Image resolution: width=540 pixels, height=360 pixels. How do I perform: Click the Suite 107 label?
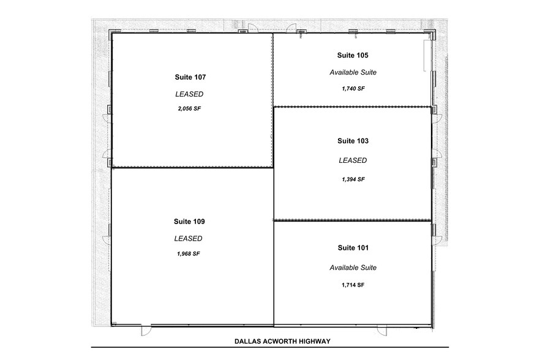190,77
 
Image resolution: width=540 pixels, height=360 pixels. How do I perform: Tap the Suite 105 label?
353,55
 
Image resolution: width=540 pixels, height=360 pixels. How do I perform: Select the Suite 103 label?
353,141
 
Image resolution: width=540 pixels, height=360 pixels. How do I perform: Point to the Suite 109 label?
189,222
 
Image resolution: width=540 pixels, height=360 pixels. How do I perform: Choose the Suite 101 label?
353,248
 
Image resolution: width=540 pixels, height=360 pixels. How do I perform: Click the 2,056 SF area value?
189,108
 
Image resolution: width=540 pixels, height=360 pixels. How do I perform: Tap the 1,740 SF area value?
353,89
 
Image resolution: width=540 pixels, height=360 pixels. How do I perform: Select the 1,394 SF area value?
353,179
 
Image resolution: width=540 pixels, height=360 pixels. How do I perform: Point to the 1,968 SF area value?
189,254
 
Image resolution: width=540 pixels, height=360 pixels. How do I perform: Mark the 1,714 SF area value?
353,285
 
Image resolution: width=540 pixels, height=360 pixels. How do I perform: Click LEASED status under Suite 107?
189,94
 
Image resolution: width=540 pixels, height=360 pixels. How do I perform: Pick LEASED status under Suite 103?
353,160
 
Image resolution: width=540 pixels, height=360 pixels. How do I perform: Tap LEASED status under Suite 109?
188,238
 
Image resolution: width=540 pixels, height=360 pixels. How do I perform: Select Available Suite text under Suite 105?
353,72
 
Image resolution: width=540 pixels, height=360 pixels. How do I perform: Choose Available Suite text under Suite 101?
353,268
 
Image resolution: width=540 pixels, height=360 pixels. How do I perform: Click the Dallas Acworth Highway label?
282,342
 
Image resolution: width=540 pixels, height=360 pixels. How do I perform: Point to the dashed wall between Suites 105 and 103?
352,107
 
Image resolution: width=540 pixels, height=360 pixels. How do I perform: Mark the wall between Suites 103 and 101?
352,220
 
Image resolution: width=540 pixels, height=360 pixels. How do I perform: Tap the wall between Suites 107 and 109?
192,168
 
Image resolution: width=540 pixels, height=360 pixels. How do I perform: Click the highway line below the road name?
270,347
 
